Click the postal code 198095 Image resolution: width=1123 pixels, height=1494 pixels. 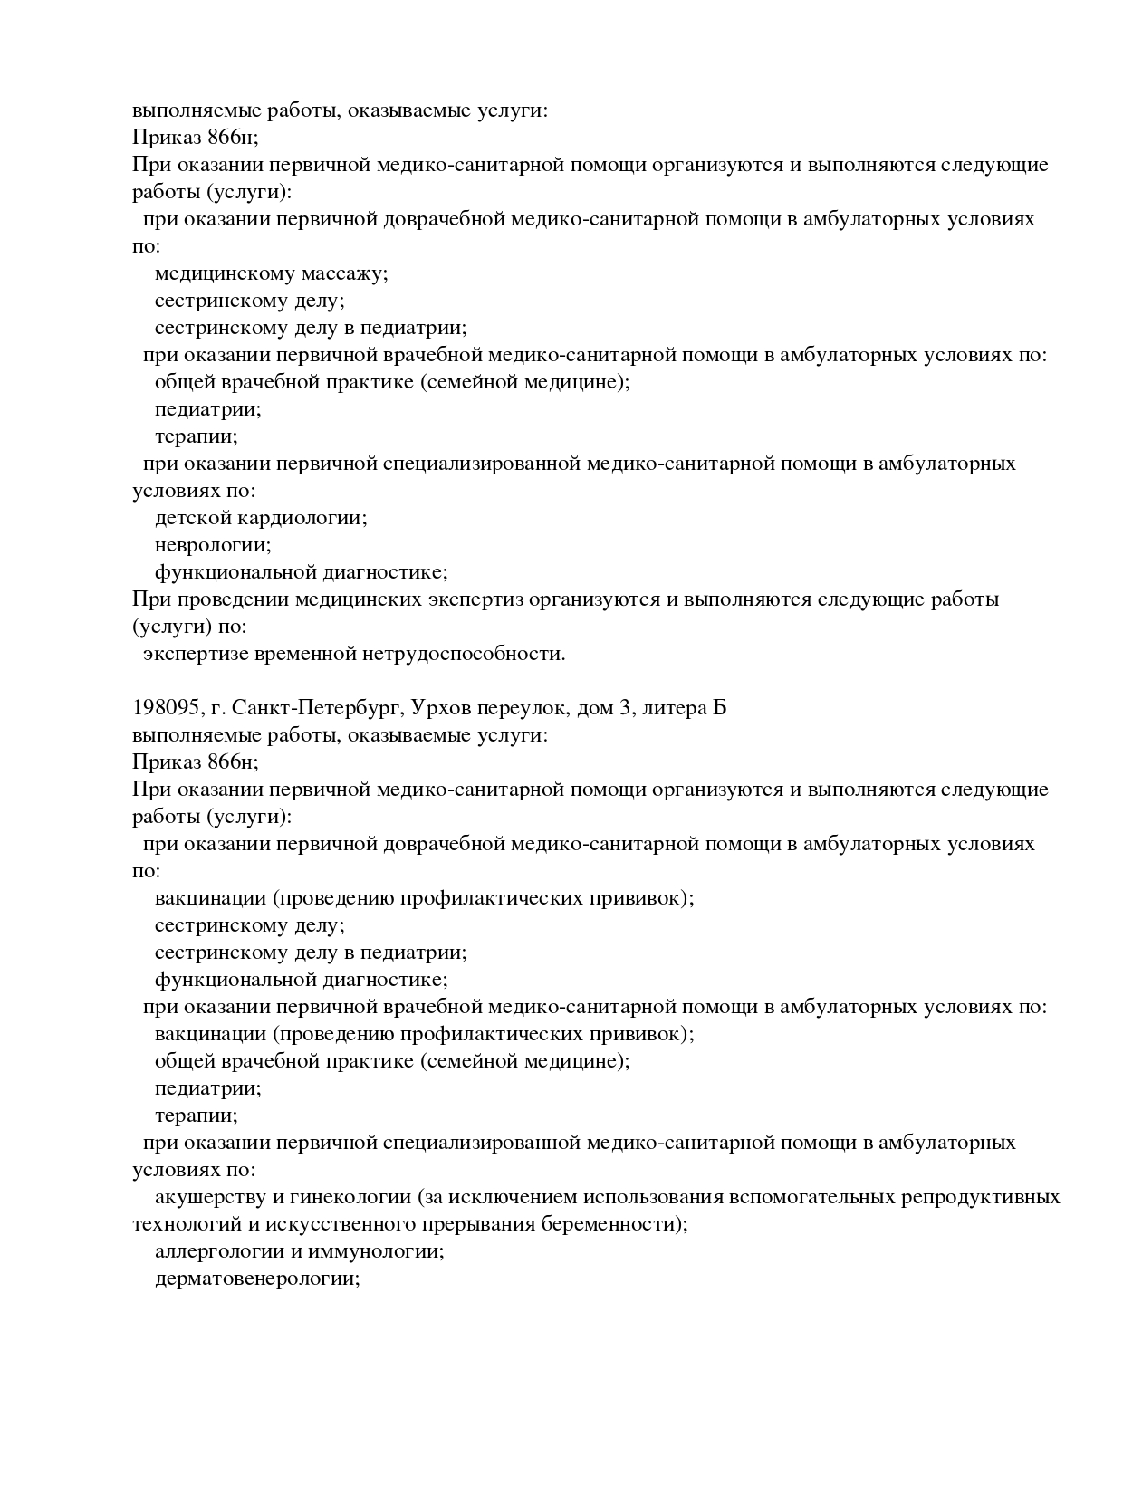(x=161, y=708)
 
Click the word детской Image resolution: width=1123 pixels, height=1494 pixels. (x=193, y=518)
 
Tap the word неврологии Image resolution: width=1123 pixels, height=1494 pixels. (x=213, y=545)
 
